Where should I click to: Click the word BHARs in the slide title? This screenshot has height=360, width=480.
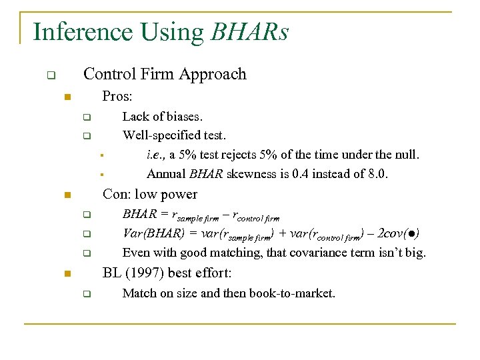(x=249, y=32)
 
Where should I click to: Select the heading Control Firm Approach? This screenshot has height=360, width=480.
(x=165, y=74)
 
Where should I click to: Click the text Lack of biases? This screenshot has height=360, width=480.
(x=163, y=117)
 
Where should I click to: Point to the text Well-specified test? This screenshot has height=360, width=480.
(x=174, y=136)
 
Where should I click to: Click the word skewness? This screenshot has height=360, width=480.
(x=241, y=174)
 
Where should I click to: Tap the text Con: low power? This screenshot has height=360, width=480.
(x=149, y=195)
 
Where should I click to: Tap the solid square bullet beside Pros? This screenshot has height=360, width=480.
(x=67, y=98)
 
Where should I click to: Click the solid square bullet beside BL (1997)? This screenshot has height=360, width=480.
(x=67, y=274)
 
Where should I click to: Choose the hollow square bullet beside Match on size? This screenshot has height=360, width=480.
(x=86, y=294)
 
